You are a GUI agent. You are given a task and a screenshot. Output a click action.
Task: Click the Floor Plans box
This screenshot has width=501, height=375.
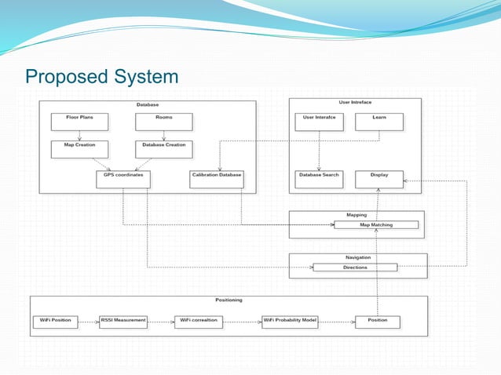point(79,122)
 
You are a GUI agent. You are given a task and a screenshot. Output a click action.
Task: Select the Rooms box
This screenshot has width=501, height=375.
point(163,122)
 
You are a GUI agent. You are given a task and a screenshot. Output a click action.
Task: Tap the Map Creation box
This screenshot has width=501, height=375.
point(79,148)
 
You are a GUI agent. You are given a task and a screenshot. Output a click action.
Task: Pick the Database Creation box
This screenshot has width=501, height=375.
point(164,148)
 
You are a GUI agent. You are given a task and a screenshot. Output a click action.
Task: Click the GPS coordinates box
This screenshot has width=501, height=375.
point(123,179)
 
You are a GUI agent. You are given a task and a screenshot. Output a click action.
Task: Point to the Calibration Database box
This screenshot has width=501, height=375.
point(217,179)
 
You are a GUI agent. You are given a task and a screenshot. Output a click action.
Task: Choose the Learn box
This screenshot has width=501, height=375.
point(378,122)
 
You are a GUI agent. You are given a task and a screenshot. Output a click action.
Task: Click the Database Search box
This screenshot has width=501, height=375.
point(319,179)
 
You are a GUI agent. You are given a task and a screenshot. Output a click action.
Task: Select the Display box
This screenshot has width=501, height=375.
point(378,179)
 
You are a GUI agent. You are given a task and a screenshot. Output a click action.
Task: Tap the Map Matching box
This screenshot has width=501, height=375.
point(376,225)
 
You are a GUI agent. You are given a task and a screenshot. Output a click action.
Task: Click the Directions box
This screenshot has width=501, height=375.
point(355,268)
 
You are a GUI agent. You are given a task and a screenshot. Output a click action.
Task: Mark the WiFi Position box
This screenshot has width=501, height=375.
point(55,322)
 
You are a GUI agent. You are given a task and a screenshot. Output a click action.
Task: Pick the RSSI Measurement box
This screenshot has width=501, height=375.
point(123,322)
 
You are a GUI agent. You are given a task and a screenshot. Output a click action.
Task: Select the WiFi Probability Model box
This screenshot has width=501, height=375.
point(290,322)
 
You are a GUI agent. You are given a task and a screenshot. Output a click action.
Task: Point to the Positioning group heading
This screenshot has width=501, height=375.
point(229,300)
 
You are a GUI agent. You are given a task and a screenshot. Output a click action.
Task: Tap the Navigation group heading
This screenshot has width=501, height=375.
point(358,257)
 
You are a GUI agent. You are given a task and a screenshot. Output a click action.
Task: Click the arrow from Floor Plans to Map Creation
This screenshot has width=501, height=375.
point(79,135)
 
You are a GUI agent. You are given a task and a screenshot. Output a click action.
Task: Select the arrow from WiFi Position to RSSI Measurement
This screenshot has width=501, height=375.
point(88,322)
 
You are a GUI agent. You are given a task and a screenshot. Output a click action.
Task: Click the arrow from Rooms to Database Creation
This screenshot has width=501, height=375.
point(163,135)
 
